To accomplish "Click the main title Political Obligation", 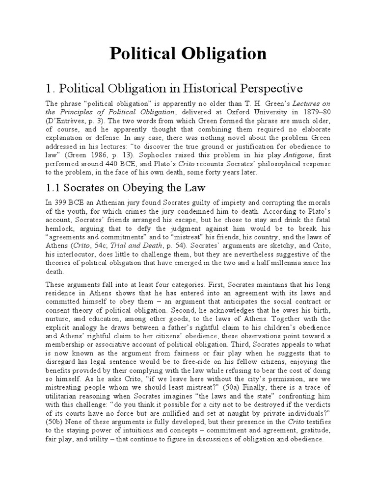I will coord(188,53).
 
